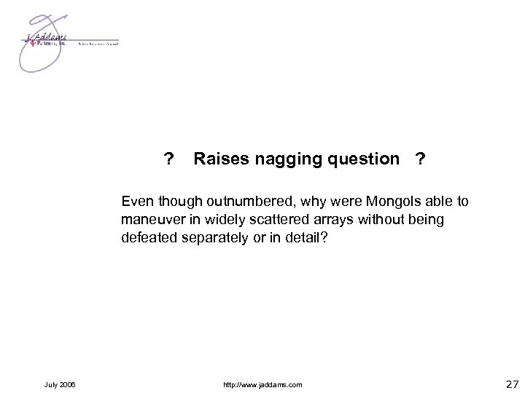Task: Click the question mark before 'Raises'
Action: pos(168,159)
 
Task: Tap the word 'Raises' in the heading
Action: pos(219,159)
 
